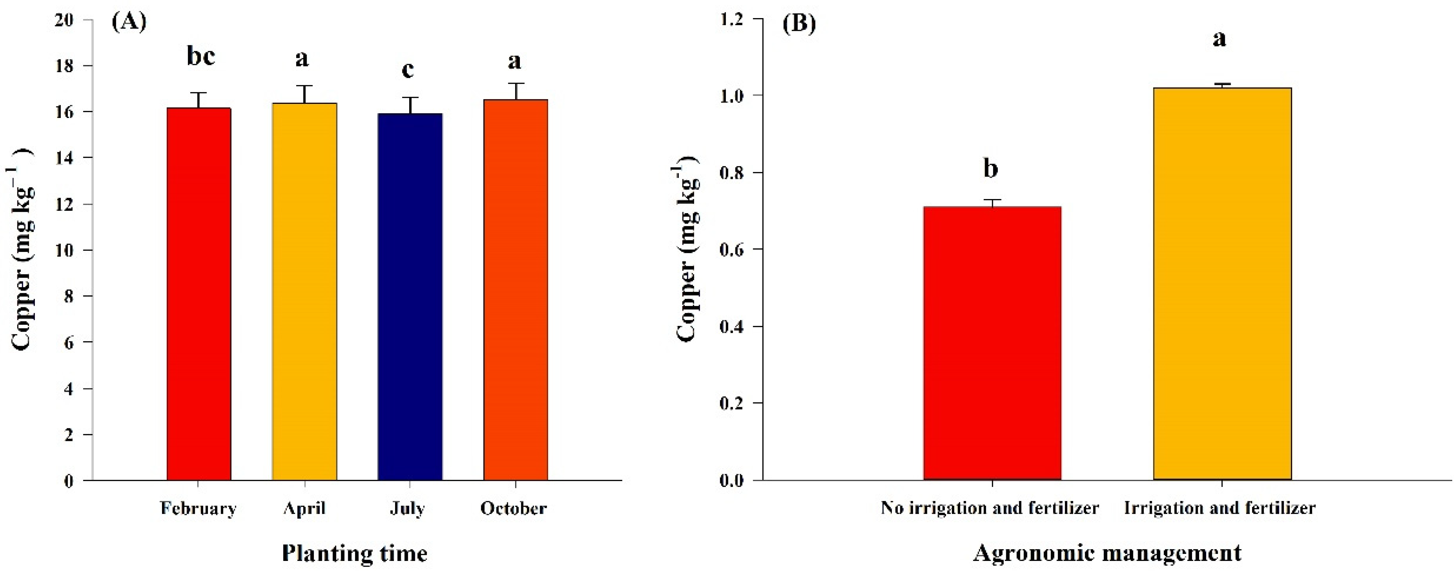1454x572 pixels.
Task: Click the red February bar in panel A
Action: coord(199,293)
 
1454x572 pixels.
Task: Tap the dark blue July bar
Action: coord(410,297)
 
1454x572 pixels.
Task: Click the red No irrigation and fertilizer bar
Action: coord(992,343)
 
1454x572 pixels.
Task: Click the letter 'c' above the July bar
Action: coord(408,70)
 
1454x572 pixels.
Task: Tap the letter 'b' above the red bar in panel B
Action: coord(990,168)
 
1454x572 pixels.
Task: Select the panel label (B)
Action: coord(799,24)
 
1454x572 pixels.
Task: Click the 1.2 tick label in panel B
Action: coord(732,20)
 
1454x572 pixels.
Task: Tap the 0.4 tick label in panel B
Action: coord(732,327)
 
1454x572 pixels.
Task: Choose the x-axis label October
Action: coord(513,508)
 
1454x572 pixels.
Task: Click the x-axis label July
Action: coord(408,508)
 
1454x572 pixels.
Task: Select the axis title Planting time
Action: coord(355,553)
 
